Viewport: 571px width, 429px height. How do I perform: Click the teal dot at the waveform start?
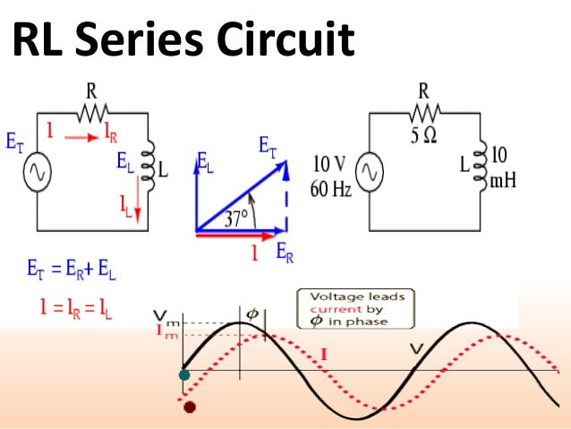point(184,375)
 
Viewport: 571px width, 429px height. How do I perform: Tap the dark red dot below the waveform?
point(189,408)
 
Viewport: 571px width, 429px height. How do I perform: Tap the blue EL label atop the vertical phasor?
point(205,164)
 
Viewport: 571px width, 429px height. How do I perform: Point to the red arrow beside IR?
point(78,140)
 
